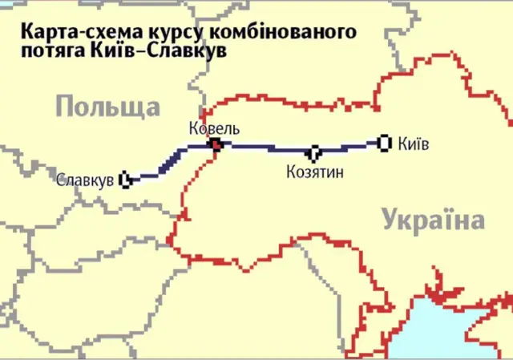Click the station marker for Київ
tap(383, 143)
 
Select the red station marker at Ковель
tap(215, 144)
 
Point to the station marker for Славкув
tap(125, 180)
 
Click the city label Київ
tap(413, 144)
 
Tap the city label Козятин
tap(314, 171)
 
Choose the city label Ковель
tap(214, 127)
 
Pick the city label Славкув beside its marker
tap(84, 180)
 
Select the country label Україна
tap(433, 219)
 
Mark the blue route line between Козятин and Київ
tap(349, 147)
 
